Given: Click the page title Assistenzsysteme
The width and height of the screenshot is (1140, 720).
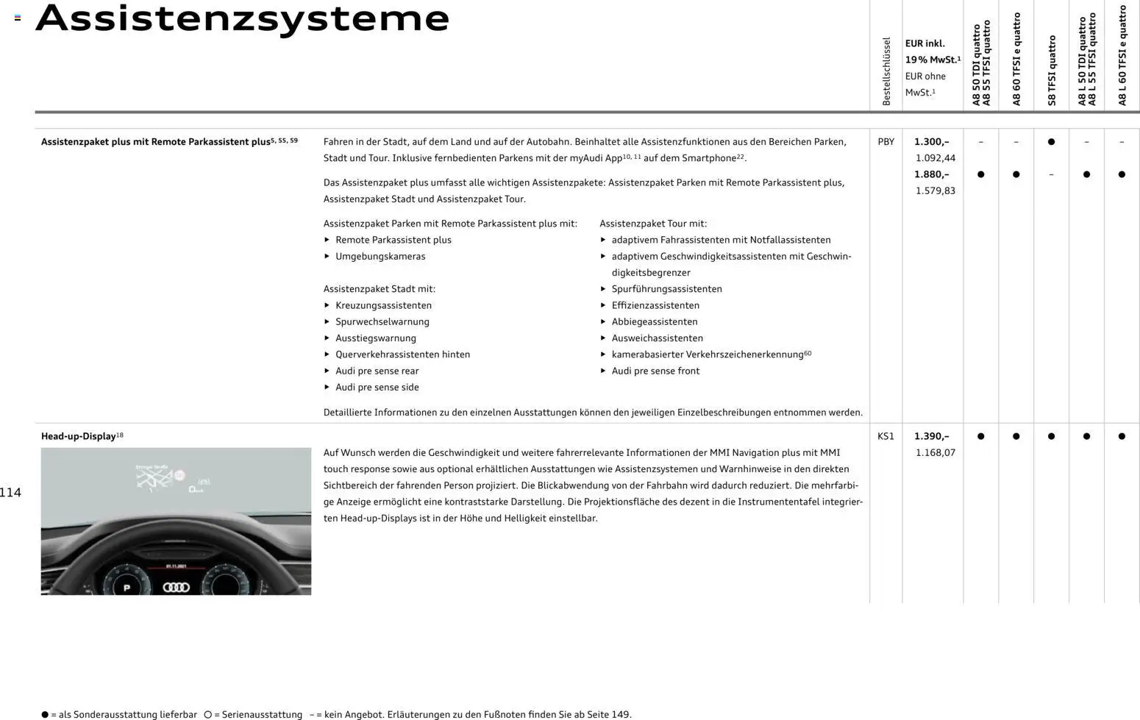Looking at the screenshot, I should (x=242, y=18).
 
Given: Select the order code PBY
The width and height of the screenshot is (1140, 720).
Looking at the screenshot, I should (x=886, y=141).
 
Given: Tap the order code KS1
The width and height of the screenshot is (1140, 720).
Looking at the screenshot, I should (x=886, y=436).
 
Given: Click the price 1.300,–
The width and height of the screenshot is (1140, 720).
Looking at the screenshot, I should (x=931, y=141).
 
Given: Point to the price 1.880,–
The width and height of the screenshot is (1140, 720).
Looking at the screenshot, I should (x=931, y=174).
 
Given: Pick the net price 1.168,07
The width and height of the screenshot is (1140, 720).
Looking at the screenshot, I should (x=935, y=452).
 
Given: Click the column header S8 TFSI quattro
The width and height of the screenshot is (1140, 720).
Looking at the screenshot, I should (x=1052, y=70).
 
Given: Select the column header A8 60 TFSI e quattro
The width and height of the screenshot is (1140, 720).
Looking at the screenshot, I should (x=1016, y=59).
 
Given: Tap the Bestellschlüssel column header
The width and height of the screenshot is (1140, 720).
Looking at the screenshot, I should (x=886, y=71).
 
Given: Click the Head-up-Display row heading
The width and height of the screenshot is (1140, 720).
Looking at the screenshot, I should (x=78, y=436).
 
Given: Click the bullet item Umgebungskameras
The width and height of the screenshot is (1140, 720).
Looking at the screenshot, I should (x=380, y=257).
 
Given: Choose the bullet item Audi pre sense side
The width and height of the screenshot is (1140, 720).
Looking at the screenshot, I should (x=377, y=388).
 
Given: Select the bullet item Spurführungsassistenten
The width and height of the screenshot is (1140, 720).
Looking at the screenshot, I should (x=666, y=289).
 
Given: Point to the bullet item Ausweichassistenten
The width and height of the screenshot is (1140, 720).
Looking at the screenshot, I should (x=657, y=338).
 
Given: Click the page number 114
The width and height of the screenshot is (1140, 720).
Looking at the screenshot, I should (x=10, y=493).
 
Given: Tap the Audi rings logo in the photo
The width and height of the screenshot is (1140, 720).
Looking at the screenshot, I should (x=177, y=587).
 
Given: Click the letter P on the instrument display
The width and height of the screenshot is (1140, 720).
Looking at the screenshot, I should (x=127, y=588).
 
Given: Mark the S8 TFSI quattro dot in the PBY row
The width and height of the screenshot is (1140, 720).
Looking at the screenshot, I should (x=1051, y=142).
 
